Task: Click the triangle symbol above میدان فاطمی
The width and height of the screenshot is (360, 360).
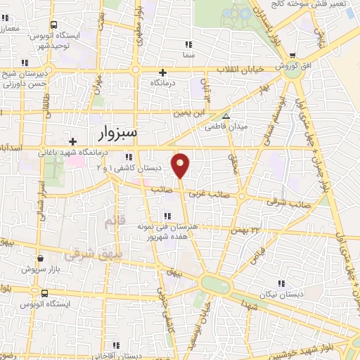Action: pyautogui.click(x=226, y=117)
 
